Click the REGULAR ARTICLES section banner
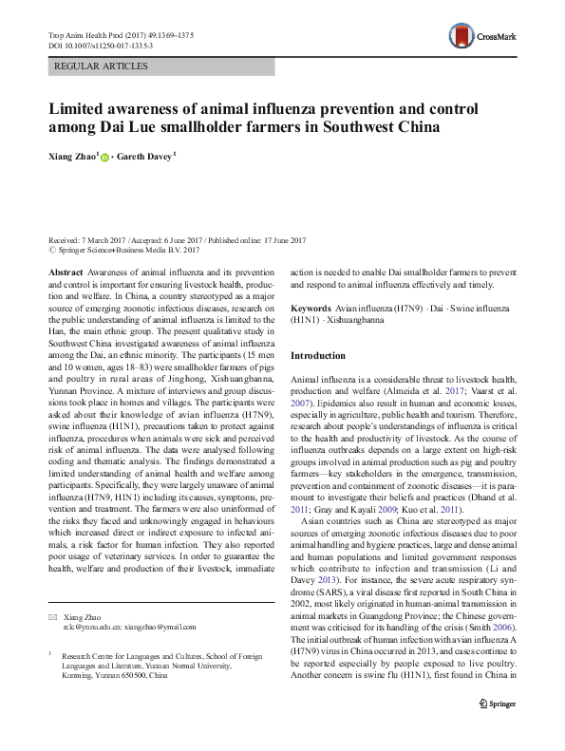103,66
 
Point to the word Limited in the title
79,108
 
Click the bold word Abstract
67,272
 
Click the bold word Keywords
311,310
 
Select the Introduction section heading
318,355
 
